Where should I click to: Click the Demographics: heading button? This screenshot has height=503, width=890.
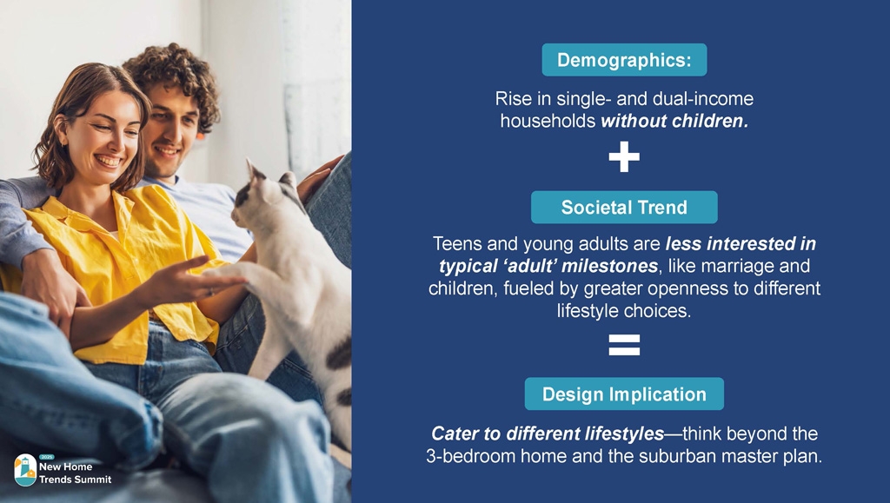tap(624, 60)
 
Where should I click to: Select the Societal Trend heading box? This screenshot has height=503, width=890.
tap(624, 207)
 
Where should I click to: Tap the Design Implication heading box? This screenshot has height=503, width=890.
tap(624, 394)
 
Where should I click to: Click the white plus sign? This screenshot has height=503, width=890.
tap(624, 156)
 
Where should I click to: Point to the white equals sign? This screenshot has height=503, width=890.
tap(624, 345)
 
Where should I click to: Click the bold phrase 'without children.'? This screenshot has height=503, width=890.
tap(674, 121)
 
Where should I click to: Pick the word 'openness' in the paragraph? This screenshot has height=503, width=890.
tap(688, 288)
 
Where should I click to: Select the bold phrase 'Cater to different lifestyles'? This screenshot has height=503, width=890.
tap(548, 434)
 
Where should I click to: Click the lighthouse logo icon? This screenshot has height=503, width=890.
tap(25, 470)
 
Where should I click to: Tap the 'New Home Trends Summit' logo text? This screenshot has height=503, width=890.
tap(75, 473)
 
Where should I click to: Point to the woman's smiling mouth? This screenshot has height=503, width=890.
tap(108, 161)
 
